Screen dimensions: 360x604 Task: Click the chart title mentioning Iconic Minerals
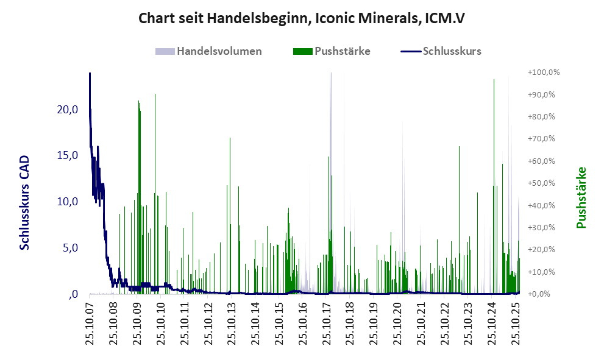click(302, 18)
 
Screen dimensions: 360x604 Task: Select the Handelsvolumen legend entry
click(219, 51)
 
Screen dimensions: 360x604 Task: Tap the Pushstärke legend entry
click(342, 51)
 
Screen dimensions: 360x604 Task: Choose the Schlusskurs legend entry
click(452, 51)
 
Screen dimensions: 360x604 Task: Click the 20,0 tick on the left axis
click(66, 110)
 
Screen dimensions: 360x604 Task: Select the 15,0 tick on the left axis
click(66, 155)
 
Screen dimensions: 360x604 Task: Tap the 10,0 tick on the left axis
click(66, 202)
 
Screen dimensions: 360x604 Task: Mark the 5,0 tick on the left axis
click(69, 248)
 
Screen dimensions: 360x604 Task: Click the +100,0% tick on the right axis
click(544, 72)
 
